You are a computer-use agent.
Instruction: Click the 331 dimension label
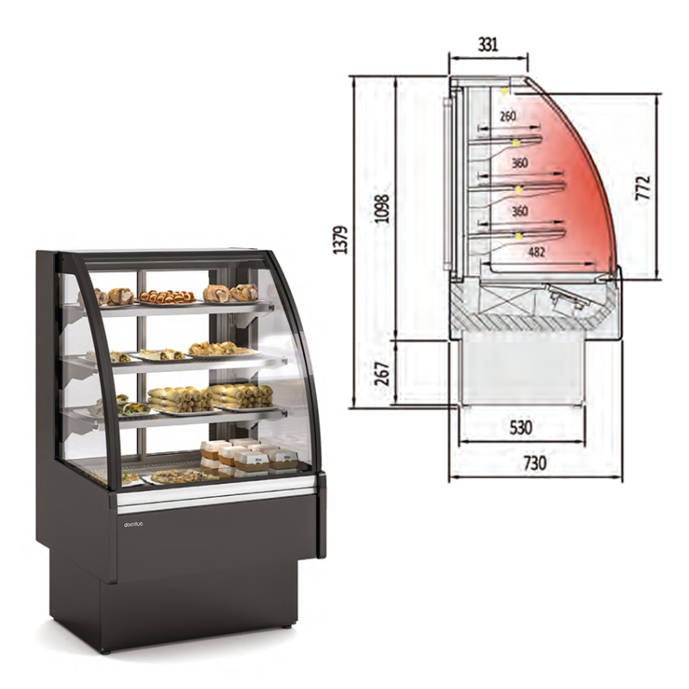[487, 45]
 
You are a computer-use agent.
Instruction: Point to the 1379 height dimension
[340, 240]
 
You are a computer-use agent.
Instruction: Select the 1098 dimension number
[382, 208]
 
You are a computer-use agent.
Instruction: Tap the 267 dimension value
[382, 374]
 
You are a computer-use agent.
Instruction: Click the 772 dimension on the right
[642, 188]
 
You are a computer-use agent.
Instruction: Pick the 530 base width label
[521, 427]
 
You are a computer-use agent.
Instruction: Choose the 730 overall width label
[535, 463]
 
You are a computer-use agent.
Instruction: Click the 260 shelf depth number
[507, 116]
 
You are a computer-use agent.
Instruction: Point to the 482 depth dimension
[537, 251]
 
